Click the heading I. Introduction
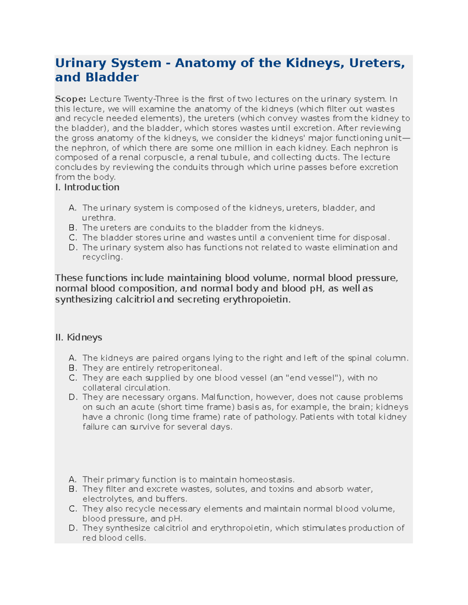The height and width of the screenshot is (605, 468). (x=87, y=187)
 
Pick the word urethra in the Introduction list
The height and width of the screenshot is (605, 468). (x=98, y=218)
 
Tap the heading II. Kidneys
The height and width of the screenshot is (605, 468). (x=78, y=337)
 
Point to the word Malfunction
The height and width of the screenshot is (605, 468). (x=226, y=397)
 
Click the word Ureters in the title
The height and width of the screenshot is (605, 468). (x=377, y=63)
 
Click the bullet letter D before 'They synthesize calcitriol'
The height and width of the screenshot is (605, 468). (x=73, y=528)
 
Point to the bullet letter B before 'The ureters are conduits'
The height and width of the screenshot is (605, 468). (x=73, y=228)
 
